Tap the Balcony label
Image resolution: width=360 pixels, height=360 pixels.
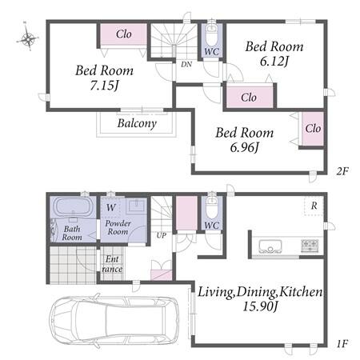(x=137, y=123)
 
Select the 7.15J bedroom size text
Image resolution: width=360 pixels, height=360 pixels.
(x=104, y=86)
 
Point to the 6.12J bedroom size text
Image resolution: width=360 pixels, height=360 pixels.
(x=274, y=62)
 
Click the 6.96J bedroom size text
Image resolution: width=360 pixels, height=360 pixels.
(x=245, y=147)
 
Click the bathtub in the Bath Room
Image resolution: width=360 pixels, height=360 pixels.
(x=73, y=207)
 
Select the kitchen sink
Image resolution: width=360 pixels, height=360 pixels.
(x=270, y=246)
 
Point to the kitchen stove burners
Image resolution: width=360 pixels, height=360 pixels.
(x=310, y=246)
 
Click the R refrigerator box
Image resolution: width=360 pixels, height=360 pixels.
(x=314, y=206)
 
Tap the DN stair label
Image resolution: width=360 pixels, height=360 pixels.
(x=186, y=64)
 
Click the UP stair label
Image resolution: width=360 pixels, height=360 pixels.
(x=162, y=235)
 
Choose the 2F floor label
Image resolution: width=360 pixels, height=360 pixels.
(x=342, y=171)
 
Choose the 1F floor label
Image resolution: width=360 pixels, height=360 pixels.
(x=342, y=343)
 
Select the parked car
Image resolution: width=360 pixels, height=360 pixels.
(x=114, y=319)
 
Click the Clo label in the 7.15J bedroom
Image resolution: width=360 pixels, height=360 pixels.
(x=124, y=34)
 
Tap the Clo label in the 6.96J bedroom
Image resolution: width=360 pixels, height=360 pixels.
(x=313, y=129)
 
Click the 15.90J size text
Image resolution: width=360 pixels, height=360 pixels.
(x=260, y=306)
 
